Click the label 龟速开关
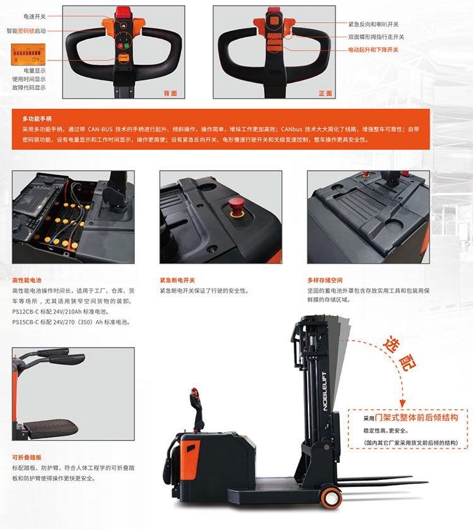pos(35,16)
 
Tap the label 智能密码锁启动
pos(26,31)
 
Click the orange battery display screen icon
pos(28,54)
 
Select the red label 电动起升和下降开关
pos(373,50)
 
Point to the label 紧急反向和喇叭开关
pos(373,25)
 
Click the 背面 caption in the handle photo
pos(170,93)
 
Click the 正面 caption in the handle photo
pos(325,93)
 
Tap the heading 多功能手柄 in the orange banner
pos(37,119)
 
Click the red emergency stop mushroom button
pos(236,207)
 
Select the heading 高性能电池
pos(26,280)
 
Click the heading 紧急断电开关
pos(177,280)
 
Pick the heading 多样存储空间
pos(325,280)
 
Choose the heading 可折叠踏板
pos(26,457)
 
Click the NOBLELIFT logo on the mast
pos(325,391)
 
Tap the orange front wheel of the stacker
pos(332,498)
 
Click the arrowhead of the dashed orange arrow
pos(402,403)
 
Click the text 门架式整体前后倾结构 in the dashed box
pos(417,418)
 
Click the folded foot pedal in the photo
pos(50,428)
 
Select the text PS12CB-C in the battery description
pos(25,311)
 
